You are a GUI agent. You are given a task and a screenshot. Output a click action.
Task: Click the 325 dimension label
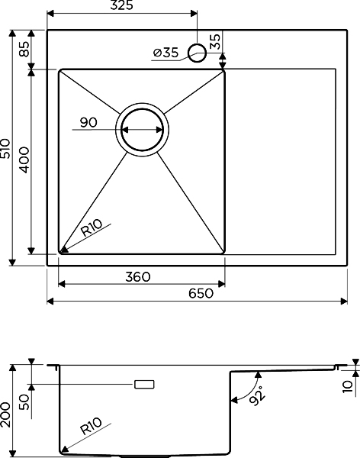[x=121, y=5]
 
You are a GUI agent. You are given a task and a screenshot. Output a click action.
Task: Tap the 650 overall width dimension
[x=201, y=293]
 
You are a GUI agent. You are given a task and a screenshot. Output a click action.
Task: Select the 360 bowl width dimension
[x=138, y=276]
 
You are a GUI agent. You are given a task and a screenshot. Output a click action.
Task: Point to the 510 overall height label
[x=5, y=148]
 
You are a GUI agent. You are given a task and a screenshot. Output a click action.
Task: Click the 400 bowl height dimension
[x=24, y=160]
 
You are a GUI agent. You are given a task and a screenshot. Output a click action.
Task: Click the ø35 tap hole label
[x=166, y=53]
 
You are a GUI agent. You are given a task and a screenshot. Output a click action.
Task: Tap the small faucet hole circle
[x=197, y=53]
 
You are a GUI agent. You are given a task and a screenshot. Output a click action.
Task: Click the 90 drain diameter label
[x=88, y=122]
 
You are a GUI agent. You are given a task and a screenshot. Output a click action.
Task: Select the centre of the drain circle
[x=142, y=130]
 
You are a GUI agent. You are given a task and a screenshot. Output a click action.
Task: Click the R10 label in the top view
[x=92, y=227]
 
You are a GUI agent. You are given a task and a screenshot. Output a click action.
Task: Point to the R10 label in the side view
[x=91, y=426]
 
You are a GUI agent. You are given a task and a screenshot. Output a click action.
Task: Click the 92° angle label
[x=257, y=395]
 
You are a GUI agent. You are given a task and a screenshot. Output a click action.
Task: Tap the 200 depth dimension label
[x=5, y=414]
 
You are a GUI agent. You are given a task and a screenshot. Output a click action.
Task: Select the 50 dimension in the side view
[x=24, y=402]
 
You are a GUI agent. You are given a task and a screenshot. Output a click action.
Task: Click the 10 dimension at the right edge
[x=348, y=386]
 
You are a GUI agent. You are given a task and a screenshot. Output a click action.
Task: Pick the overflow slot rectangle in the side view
[x=144, y=385]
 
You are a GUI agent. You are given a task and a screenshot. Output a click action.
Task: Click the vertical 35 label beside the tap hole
[x=215, y=41]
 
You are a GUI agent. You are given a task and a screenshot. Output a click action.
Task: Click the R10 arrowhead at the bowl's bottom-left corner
[x=63, y=249]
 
